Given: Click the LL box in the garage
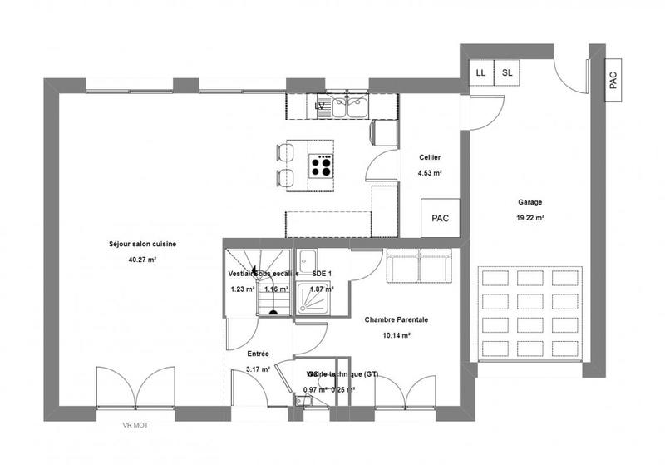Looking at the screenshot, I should pyautogui.click(x=480, y=72).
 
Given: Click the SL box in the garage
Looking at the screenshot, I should pyautogui.click(x=507, y=72).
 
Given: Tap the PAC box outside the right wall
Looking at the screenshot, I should pyautogui.click(x=613, y=80).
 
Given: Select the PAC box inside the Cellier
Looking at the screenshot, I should pyautogui.click(x=440, y=218).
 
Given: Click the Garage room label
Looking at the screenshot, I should pyautogui.click(x=530, y=202).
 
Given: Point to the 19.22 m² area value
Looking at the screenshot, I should pyautogui.click(x=530, y=218).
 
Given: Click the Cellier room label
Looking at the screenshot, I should pyautogui.click(x=430, y=157).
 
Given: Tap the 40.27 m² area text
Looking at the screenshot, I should pyautogui.click(x=144, y=260).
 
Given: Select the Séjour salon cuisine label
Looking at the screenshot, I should pyautogui.click(x=143, y=244).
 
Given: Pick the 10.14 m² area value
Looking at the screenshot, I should pyautogui.click(x=397, y=335).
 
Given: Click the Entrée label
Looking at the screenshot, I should pyautogui.click(x=258, y=353).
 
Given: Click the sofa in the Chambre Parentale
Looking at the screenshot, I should pyautogui.click(x=420, y=265).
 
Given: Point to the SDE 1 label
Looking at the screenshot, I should pyautogui.click(x=322, y=273).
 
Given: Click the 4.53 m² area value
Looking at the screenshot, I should pyautogui.click(x=430, y=173).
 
